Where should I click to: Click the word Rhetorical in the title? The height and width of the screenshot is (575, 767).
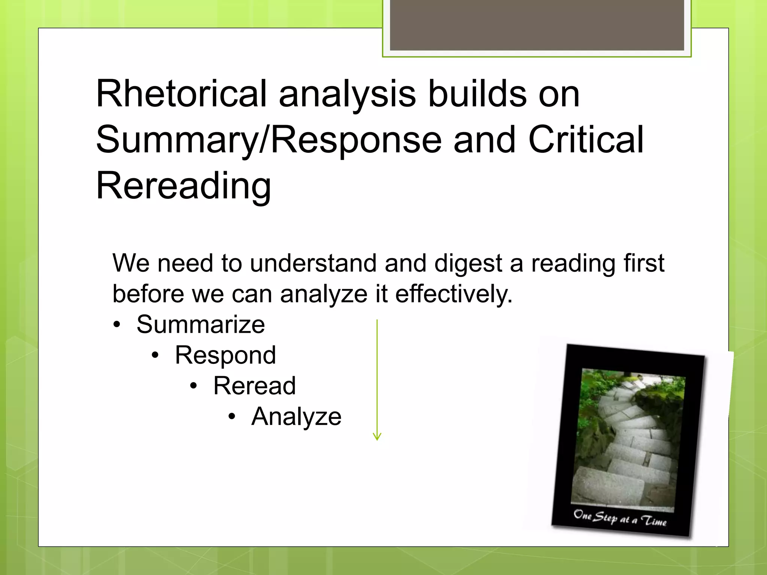coord(181,94)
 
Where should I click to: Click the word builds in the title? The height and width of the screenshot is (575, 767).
coord(477,94)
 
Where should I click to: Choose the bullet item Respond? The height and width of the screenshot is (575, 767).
coord(225,355)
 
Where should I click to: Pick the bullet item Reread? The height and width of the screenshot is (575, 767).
coord(254,386)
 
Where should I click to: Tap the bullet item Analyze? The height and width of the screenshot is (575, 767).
coord(296,416)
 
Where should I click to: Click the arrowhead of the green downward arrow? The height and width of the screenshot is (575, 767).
coord(377,436)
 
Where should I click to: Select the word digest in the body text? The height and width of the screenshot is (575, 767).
coord(468,263)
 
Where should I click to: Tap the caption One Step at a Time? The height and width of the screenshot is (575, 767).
coord(620,519)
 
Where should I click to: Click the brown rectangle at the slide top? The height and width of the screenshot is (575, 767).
coord(537,25)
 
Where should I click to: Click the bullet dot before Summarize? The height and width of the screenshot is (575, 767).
coord(117,325)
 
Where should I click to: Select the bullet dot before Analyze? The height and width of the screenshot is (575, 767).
coord(232,417)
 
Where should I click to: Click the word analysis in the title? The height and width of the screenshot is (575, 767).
coord(347,94)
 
